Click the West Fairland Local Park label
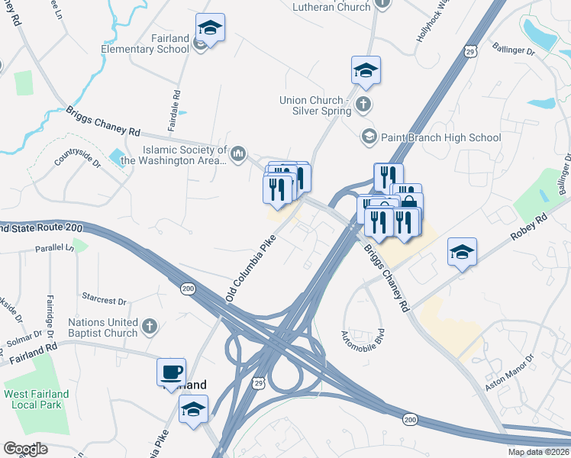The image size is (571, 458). point(36,400)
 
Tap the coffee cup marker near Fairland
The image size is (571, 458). point(171,373)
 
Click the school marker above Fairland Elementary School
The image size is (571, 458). point(210,28)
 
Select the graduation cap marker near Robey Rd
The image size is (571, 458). point(462,252)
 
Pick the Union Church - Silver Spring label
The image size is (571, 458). point(315,105)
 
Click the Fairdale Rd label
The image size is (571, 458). point(176,110)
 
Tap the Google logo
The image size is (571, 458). point(26,448)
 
